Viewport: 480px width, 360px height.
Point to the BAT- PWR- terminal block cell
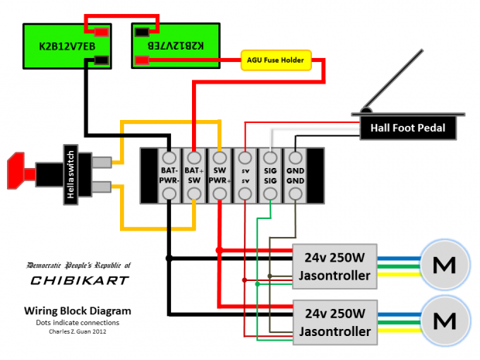coord(170,175)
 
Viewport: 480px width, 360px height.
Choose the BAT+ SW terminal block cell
coord(194,175)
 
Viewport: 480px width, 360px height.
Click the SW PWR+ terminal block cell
coord(220,175)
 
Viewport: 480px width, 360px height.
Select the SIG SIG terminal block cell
coord(270,175)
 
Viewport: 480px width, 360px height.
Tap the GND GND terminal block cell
coord(295,175)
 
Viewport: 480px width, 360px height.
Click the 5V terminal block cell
coord(245,175)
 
